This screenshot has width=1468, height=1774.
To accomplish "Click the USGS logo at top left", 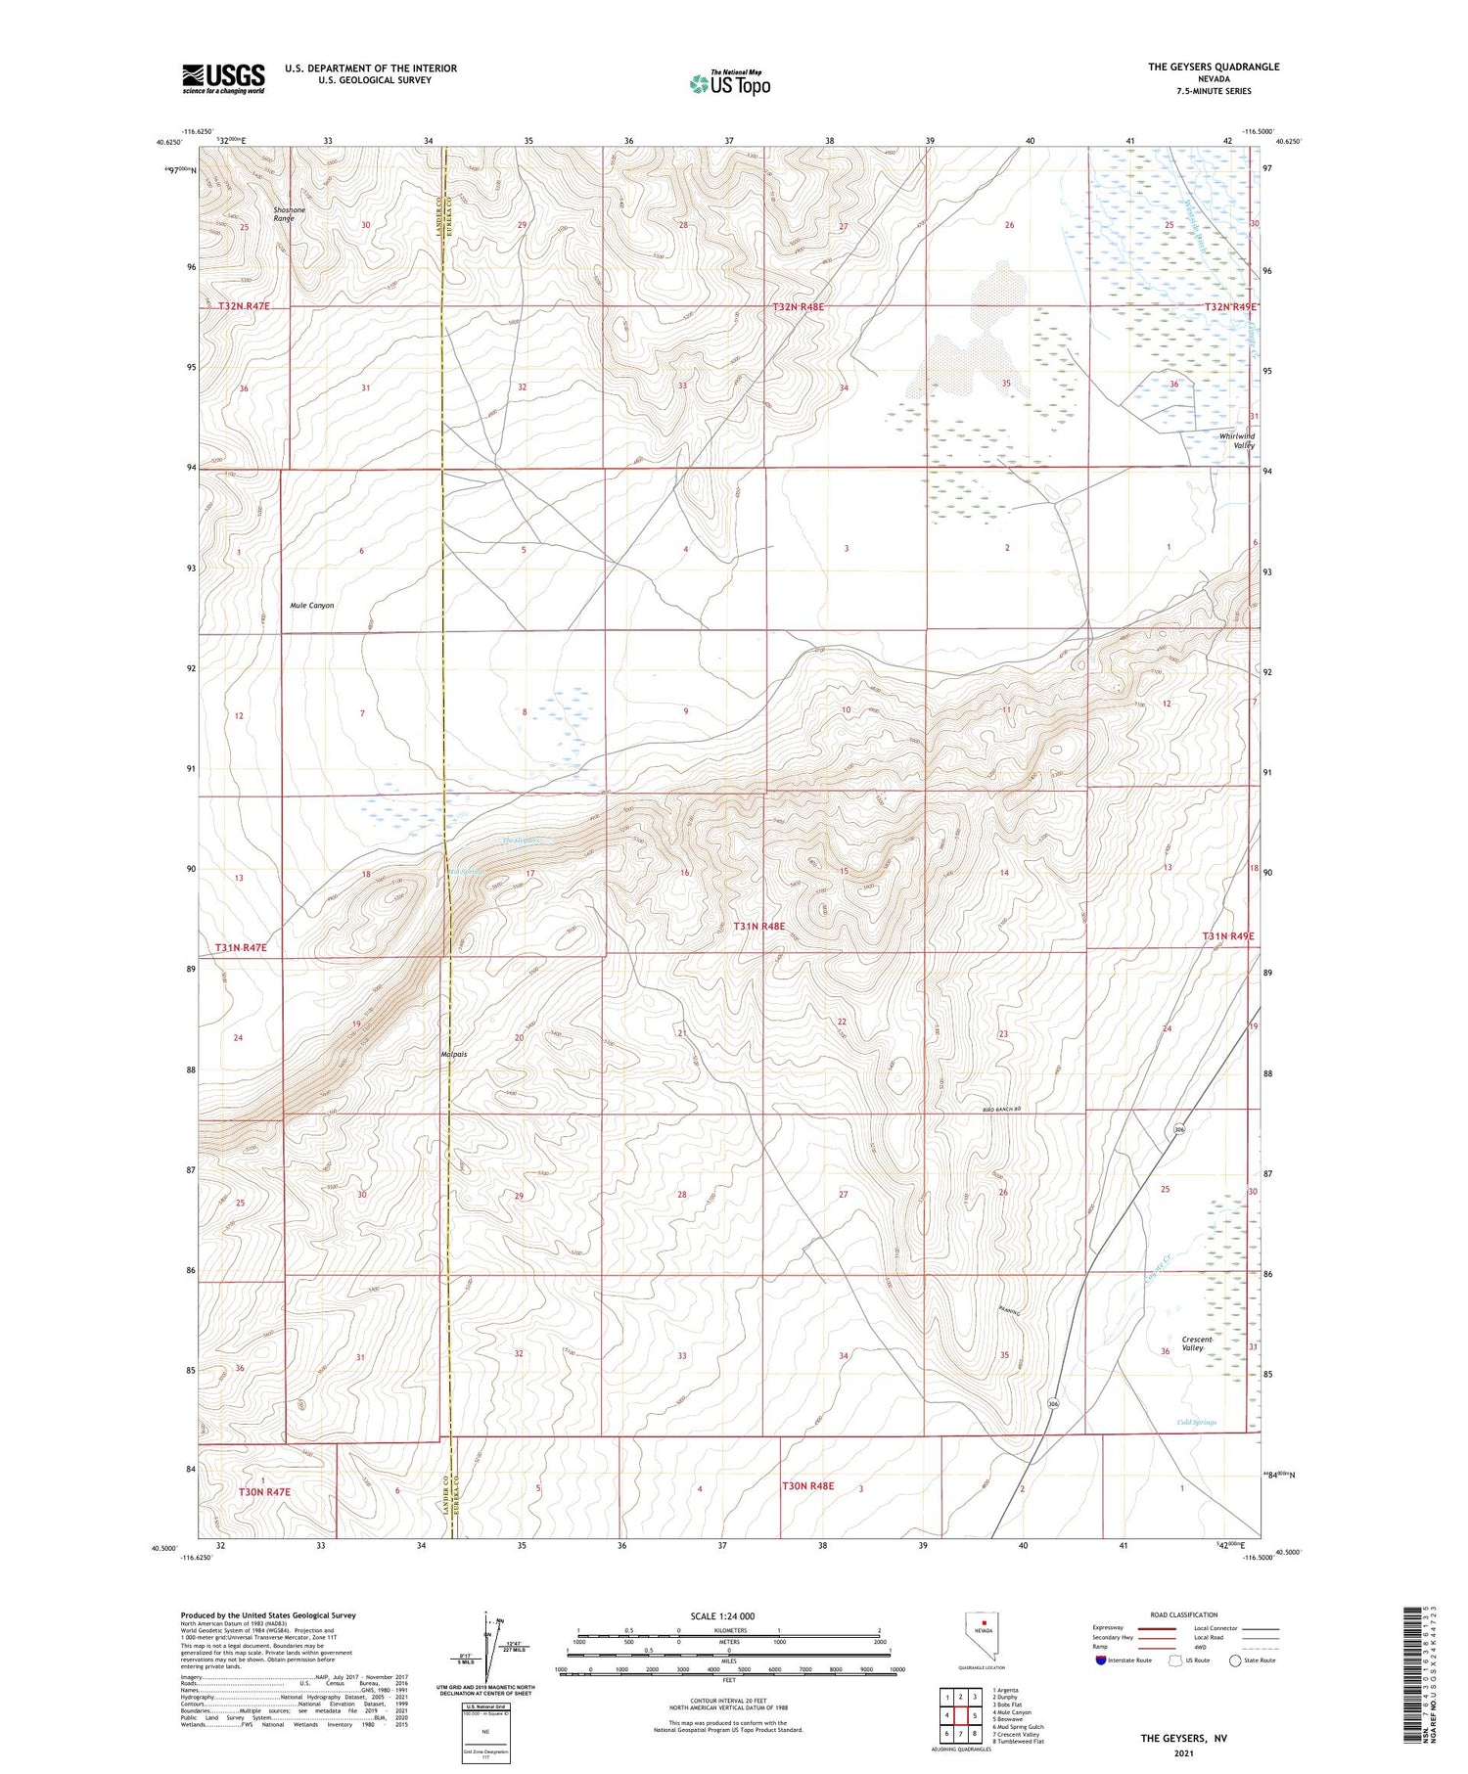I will (x=223, y=78).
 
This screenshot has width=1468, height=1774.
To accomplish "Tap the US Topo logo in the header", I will (x=729, y=84).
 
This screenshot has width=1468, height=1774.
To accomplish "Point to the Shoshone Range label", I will (x=289, y=214).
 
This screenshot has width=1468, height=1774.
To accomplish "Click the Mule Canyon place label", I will (x=312, y=605).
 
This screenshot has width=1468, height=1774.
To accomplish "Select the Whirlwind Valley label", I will (x=1237, y=440).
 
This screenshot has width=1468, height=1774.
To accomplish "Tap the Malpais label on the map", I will (x=453, y=1054).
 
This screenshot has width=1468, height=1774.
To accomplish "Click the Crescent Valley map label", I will (x=1196, y=1343).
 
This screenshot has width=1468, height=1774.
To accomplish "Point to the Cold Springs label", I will (x=1196, y=1422).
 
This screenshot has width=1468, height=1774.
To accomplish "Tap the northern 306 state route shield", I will (x=1179, y=1130).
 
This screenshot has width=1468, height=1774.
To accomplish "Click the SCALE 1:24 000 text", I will (x=722, y=1615).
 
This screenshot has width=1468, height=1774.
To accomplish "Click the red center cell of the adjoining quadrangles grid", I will (x=961, y=1715).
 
